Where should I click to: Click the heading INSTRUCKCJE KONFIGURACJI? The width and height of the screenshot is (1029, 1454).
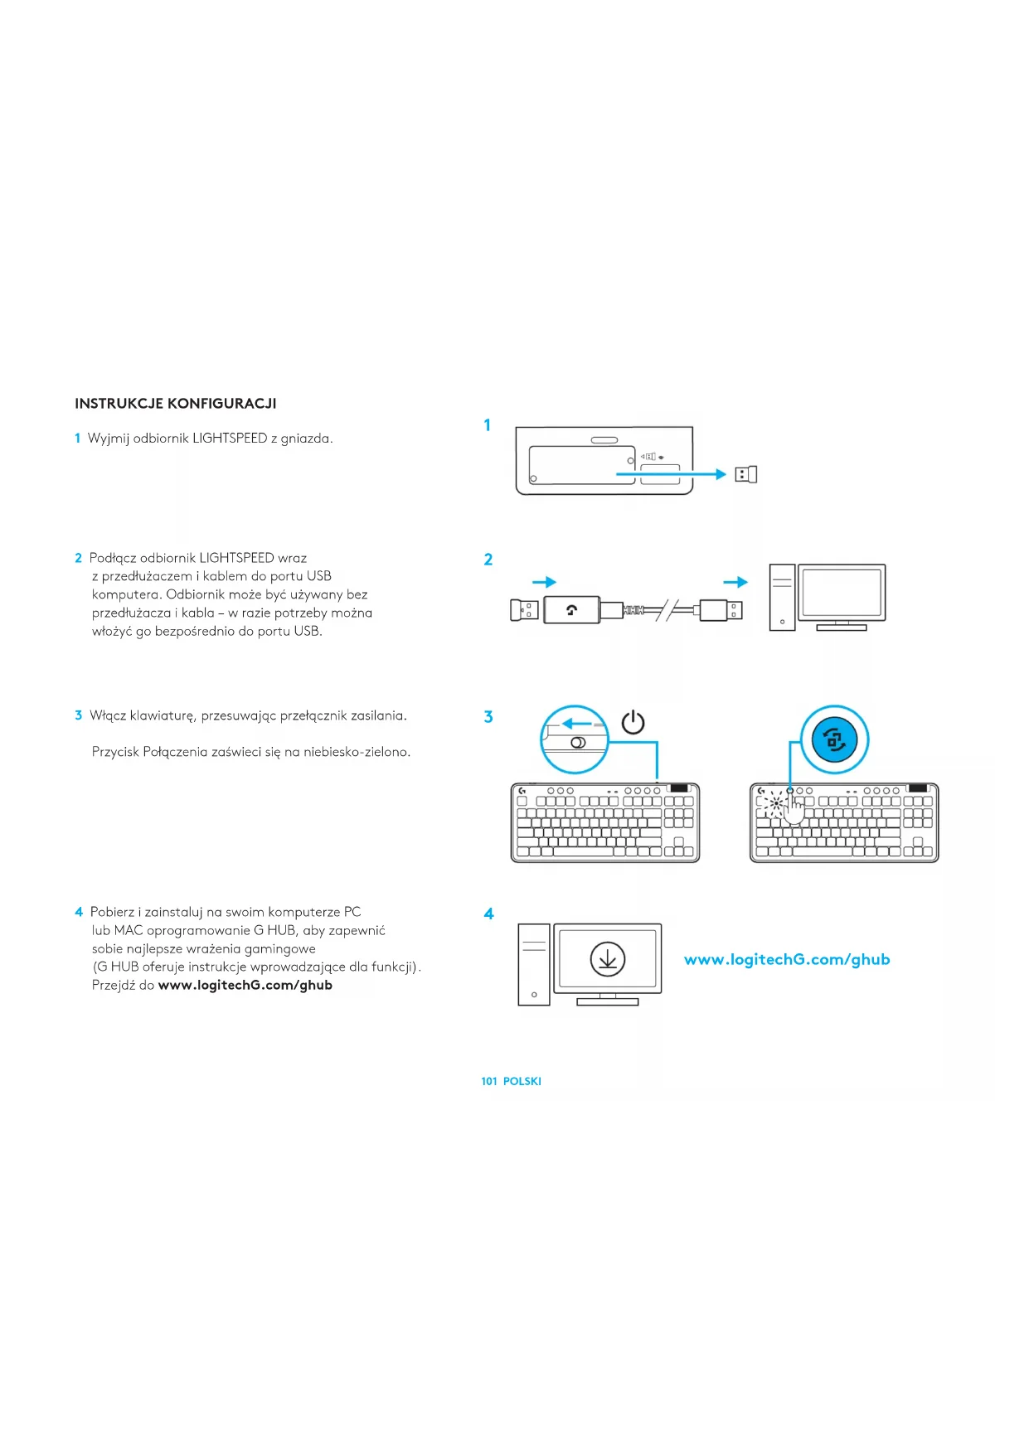click(x=176, y=404)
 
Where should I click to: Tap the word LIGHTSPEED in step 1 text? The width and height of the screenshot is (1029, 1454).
click(x=230, y=439)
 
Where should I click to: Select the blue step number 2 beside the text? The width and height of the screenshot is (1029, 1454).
click(x=78, y=558)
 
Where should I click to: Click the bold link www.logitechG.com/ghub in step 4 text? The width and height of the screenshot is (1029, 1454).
click(x=245, y=986)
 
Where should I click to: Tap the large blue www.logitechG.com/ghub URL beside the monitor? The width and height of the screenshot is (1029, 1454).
click(x=787, y=959)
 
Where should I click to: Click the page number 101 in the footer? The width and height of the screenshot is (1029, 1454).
click(x=489, y=1081)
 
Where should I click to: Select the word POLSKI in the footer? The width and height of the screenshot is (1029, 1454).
click(x=522, y=1081)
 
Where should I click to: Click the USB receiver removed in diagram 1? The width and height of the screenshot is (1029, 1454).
click(x=746, y=474)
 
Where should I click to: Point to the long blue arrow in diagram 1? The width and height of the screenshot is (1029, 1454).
click(x=671, y=474)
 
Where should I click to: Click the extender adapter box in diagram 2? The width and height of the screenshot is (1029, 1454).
click(x=571, y=610)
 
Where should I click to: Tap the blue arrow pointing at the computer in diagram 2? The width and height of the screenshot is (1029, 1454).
click(x=735, y=582)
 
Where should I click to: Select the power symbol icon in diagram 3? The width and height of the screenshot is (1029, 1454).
click(x=633, y=722)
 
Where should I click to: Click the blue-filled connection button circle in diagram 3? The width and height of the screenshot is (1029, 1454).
click(x=835, y=740)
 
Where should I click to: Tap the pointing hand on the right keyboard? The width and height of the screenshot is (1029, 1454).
click(x=794, y=807)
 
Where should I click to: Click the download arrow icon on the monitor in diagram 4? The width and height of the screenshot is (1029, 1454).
click(x=608, y=959)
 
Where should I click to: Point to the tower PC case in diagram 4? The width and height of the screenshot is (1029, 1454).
click(x=534, y=965)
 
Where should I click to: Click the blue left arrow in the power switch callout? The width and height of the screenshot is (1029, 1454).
click(x=577, y=724)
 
